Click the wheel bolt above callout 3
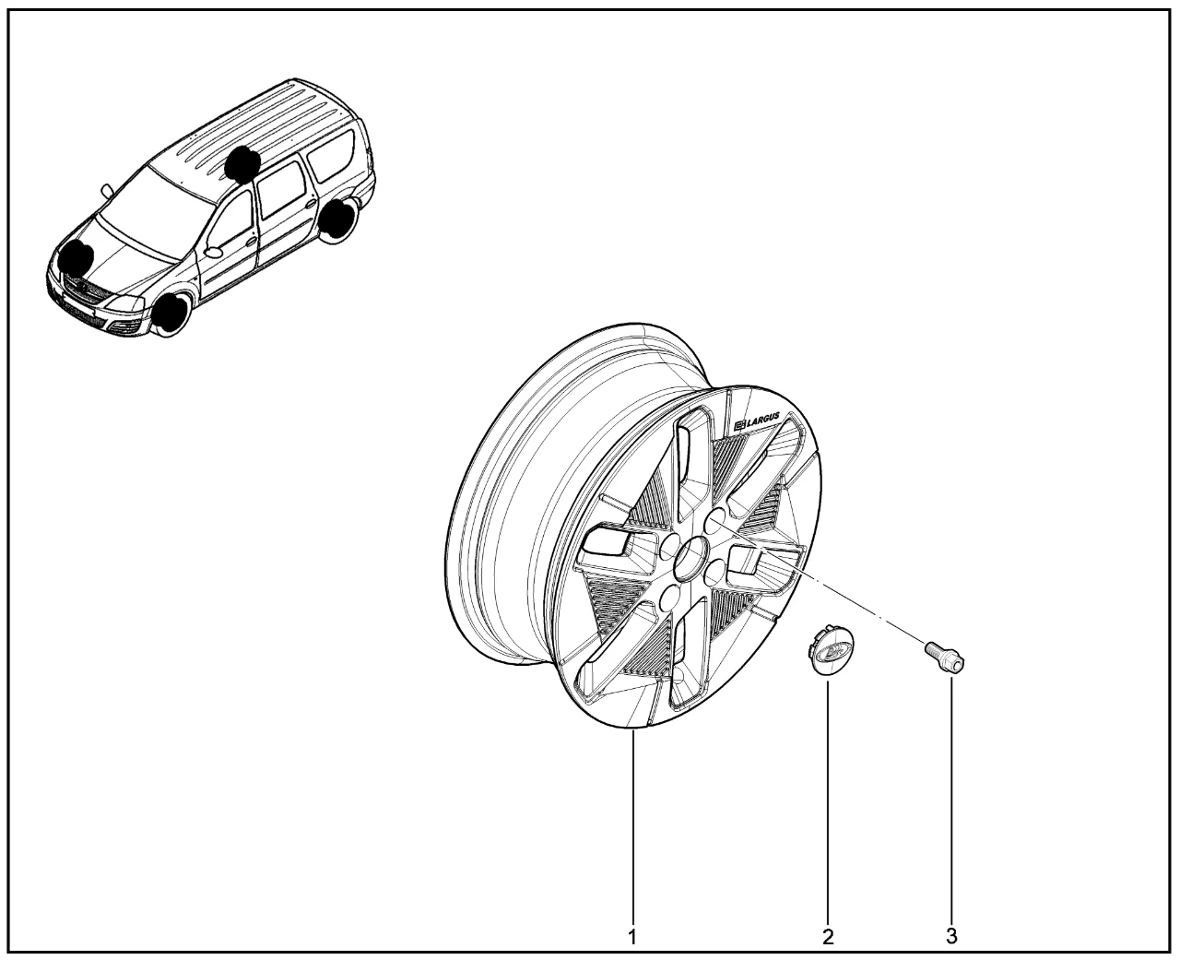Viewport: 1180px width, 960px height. pos(945,657)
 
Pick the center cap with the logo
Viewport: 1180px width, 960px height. pos(830,655)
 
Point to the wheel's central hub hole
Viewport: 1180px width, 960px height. pos(690,558)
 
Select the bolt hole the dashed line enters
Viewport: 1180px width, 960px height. pos(714,521)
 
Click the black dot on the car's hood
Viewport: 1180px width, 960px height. pos(76,259)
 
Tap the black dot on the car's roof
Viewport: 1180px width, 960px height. pos(242,164)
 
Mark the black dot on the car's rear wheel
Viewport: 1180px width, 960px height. pos(339,218)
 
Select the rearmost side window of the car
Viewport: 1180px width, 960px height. pos(331,156)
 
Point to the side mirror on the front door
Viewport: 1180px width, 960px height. pos(213,252)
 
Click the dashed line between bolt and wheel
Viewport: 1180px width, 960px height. pos(820,583)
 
